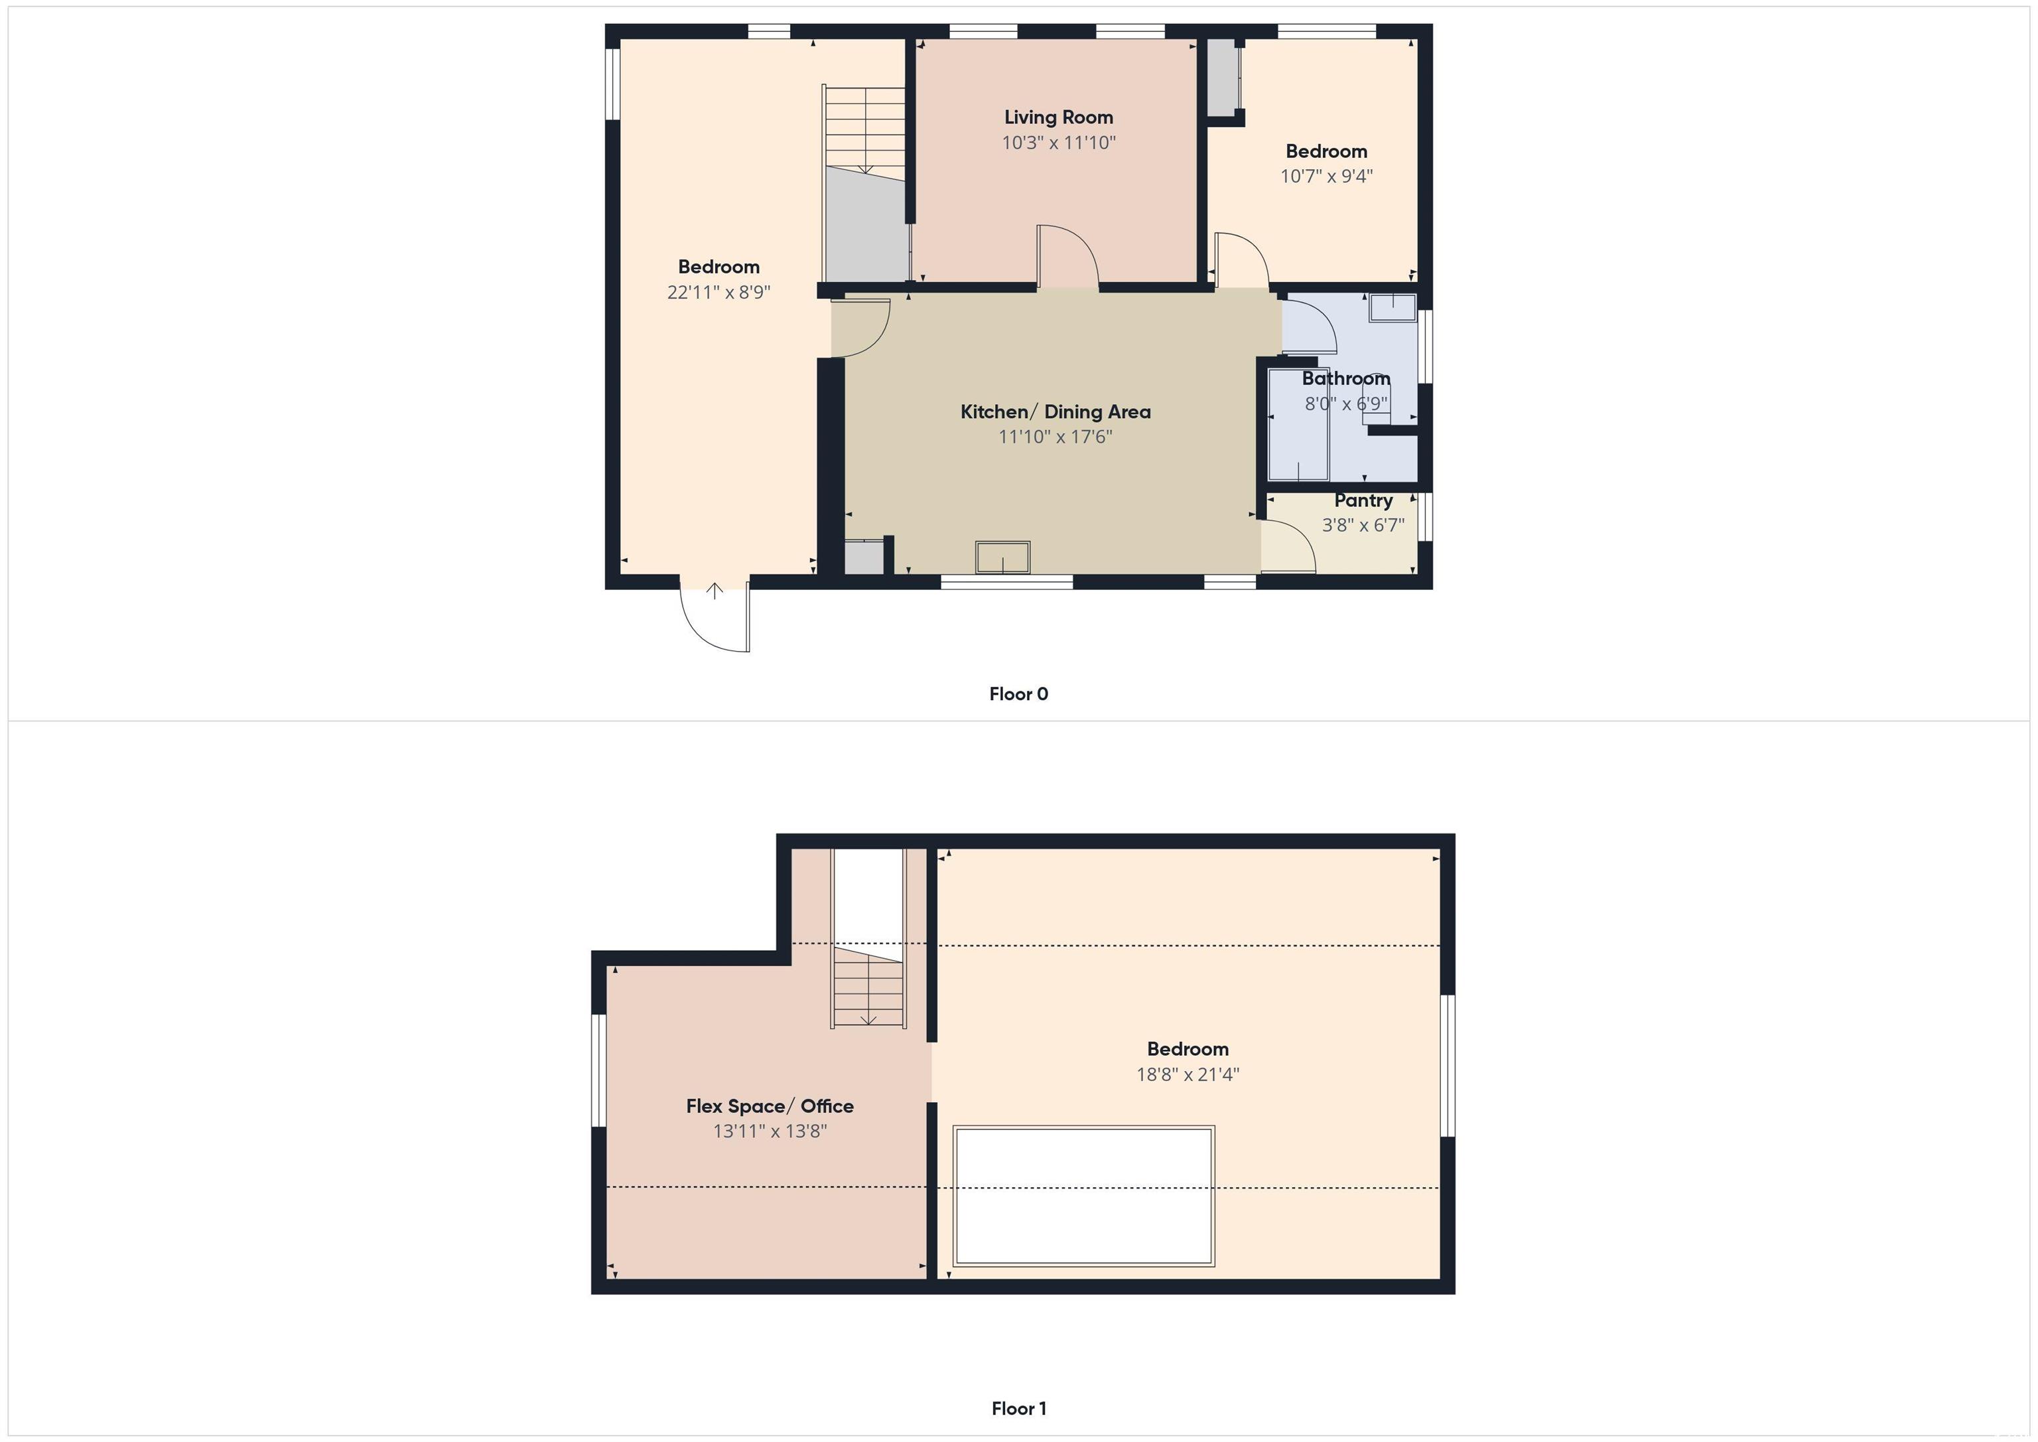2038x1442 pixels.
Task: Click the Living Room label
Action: click(x=1058, y=117)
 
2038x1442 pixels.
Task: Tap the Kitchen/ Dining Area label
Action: click(x=1055, y=412)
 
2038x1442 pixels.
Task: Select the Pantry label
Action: click(x=1363, y=501)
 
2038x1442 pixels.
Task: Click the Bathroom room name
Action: click(x=1345, y=379)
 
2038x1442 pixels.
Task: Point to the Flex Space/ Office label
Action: click(x=770, y=1106)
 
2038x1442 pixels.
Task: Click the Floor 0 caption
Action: click(x=1019, y=694)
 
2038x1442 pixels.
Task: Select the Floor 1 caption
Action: click(x=1019, y=1408)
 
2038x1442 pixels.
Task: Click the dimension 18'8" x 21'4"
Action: click(x=1188, y=1074)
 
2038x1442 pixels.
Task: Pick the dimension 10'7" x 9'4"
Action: click(x=1326, y=176)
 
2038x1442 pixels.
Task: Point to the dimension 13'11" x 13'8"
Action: click(x=770, y=1131)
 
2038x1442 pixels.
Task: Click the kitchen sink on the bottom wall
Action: click(x=1003, y=557)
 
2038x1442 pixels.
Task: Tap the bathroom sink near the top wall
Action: click(x=1392, y=307)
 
